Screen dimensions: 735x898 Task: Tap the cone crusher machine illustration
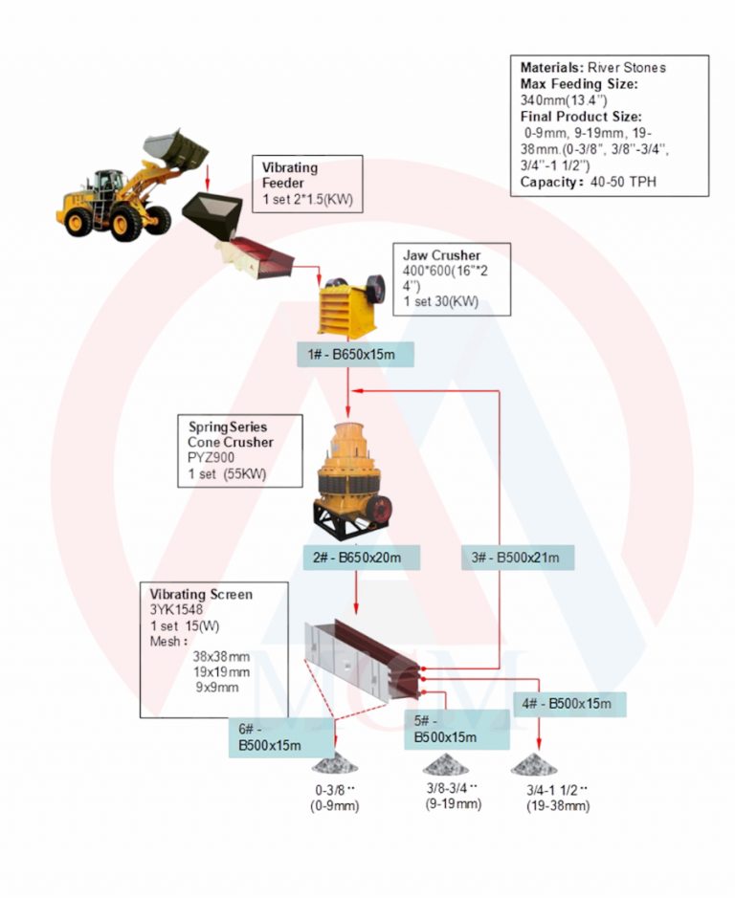click(x=352, y=481)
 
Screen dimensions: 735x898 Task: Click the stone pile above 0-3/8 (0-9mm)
click(x=335, y=763)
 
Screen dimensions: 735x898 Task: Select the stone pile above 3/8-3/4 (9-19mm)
click(x=445, y=764)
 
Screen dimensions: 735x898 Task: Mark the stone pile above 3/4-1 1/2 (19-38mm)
click(x=534, y=764)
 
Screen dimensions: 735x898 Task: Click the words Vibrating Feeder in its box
click(x=290, y=175)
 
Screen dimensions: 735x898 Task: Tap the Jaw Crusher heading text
click(x=441, y=255)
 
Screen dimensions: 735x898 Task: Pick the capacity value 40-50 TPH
click(x=623, y=182)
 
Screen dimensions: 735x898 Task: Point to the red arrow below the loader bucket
click(x=208, y=178)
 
